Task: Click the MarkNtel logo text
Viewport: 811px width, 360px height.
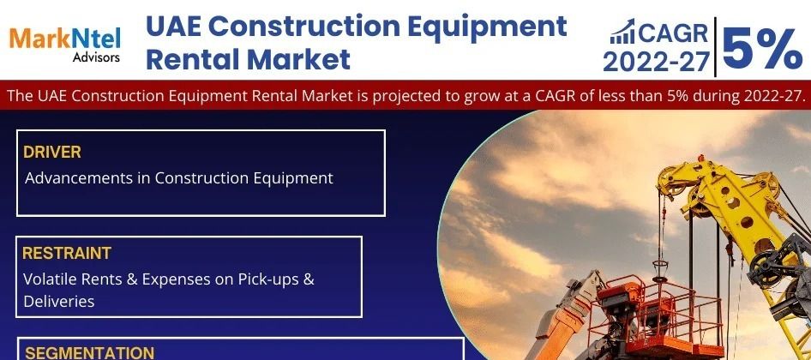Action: (x=64, y=39)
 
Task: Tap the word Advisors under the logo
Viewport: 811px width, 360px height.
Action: (x=96, y=57)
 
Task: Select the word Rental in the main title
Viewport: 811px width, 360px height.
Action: (x=191, y=59)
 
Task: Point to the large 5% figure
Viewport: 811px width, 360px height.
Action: (x=762, y=48)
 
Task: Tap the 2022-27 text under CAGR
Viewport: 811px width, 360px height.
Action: (x=657, y=62)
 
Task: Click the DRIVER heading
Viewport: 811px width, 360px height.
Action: (x=52, y=152)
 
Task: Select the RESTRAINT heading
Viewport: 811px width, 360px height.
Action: (x=67, y=253)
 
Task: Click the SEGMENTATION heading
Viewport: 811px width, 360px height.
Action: (x=89, y=353)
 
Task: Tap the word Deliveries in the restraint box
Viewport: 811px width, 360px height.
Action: (x=59, y=301)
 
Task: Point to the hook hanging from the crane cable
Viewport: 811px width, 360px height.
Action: (x=660, y=269)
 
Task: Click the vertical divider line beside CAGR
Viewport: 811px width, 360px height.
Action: (x=715, y=47)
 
